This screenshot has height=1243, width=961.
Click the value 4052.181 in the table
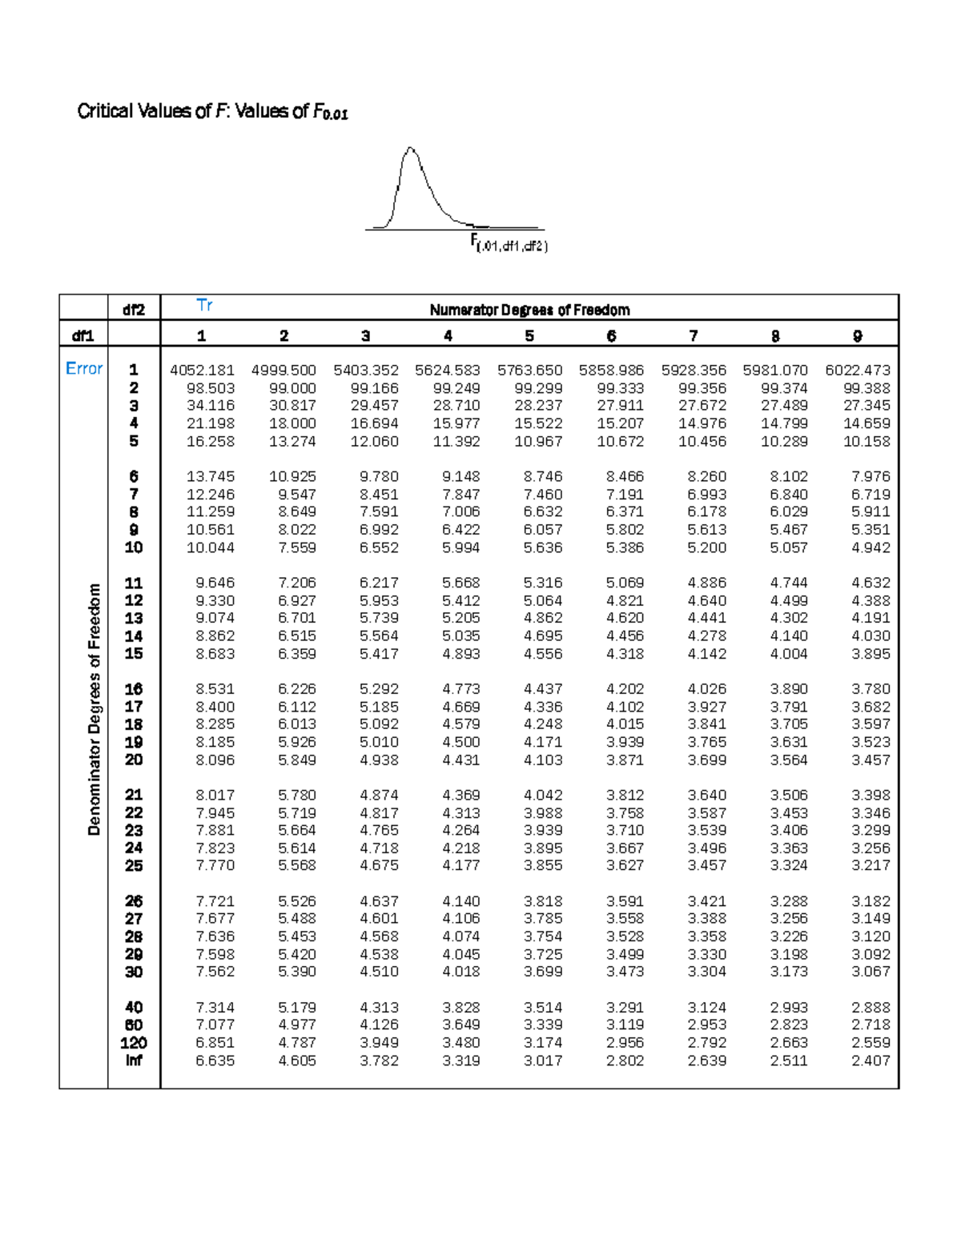[x=202, y=370]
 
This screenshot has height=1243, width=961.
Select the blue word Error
[x=84, y=368]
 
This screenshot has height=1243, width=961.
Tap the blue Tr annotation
[x=204, y=305]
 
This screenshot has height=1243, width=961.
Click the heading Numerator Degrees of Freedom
[x=529, y=310]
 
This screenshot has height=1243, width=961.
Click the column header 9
[x=858, y=336]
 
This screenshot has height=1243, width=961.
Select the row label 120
[x=133, y=1043]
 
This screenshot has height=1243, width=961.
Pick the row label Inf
[x=133, y=1061]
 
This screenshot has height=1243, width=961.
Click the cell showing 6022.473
[x=858, y=370]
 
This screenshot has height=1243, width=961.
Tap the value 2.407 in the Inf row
[x=871, y=1061]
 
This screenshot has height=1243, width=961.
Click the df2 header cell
[x=134, y=310]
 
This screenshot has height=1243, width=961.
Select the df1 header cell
[x=83, y=336]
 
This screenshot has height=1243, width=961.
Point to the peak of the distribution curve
[x=411, y=148]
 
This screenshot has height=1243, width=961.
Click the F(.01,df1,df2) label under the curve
[x=509, y=244]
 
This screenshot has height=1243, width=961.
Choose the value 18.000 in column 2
[x=292, y=423]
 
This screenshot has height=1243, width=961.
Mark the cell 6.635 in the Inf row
[x=215, y=1061]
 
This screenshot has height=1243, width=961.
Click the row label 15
[x=133, y=654]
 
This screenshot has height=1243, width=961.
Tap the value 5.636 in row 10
[x=543, y=547]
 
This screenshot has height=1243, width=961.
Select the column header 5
[x=529, y=336]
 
